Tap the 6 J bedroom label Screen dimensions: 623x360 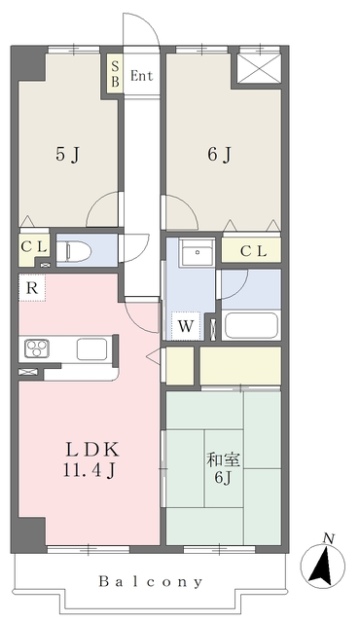218,153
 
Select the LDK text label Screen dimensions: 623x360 91,450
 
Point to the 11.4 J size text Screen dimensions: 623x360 91,471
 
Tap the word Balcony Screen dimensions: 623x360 150,582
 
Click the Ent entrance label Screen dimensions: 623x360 141,74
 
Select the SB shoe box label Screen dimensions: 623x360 115,74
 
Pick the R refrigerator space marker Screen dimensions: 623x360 32,288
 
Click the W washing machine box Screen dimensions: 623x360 184,326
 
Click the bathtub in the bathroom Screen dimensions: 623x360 250,326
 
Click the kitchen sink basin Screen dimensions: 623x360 93,348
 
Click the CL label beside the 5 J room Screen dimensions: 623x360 33,246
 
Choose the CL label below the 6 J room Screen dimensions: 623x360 253,251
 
